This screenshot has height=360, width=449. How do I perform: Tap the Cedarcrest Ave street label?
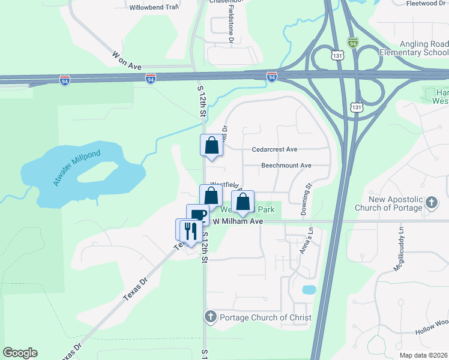[x=275, y=149]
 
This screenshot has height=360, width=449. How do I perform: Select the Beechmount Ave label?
[x=286, y=166]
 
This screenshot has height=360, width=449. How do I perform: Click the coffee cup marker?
[x=197, y=215]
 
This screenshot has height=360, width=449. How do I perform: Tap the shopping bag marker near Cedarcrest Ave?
[x=211, y=145]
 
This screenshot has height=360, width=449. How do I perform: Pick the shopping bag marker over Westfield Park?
[x=243, y=202]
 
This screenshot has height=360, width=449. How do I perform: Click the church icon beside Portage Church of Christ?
[x=210, y=316]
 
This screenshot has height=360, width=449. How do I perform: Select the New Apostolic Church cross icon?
[x=431, y=203]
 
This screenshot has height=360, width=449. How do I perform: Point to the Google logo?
[x=20, y=353]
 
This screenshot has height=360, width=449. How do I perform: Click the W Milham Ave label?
[x=238, y=221]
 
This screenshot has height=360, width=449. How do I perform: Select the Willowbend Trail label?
[x=154, y=8]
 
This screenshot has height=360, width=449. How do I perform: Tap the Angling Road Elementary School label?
[x=414, y=49]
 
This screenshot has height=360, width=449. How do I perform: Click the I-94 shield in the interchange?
[x=272, y=77]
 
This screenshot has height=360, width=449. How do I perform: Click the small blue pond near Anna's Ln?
[x=309, y=290]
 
